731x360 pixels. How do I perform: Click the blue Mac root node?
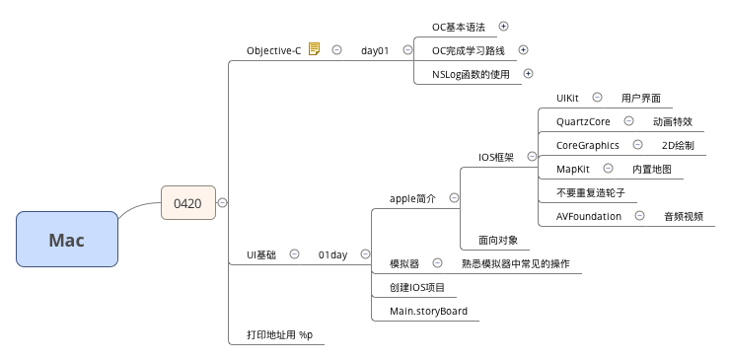[x=67, y=240]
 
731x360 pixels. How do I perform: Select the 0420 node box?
[x=187, y=204]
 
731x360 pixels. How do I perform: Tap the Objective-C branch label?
[x=273, y=50]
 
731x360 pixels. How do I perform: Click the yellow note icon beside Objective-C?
[x=314, y=49]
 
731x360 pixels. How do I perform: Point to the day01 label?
[x=375, y=50]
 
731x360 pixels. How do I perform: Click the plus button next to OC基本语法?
[x=504, y=27]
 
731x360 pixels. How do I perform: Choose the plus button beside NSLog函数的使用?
[x=528, y=73]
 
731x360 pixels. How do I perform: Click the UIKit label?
[x=567, y=99]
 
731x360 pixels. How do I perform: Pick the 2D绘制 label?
[x=678, y=146]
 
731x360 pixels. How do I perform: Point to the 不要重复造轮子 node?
[x=591, y=192]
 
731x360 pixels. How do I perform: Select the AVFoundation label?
[x=589, y=216]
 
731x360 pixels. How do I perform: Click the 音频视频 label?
[x=684, y=216]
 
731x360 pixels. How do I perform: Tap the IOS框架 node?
[x=496, y=157]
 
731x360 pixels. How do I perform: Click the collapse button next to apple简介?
[x=454, y=198]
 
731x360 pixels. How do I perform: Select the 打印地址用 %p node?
[x=279, y=335]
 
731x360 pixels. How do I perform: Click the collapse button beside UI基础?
[x=294, y=254]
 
